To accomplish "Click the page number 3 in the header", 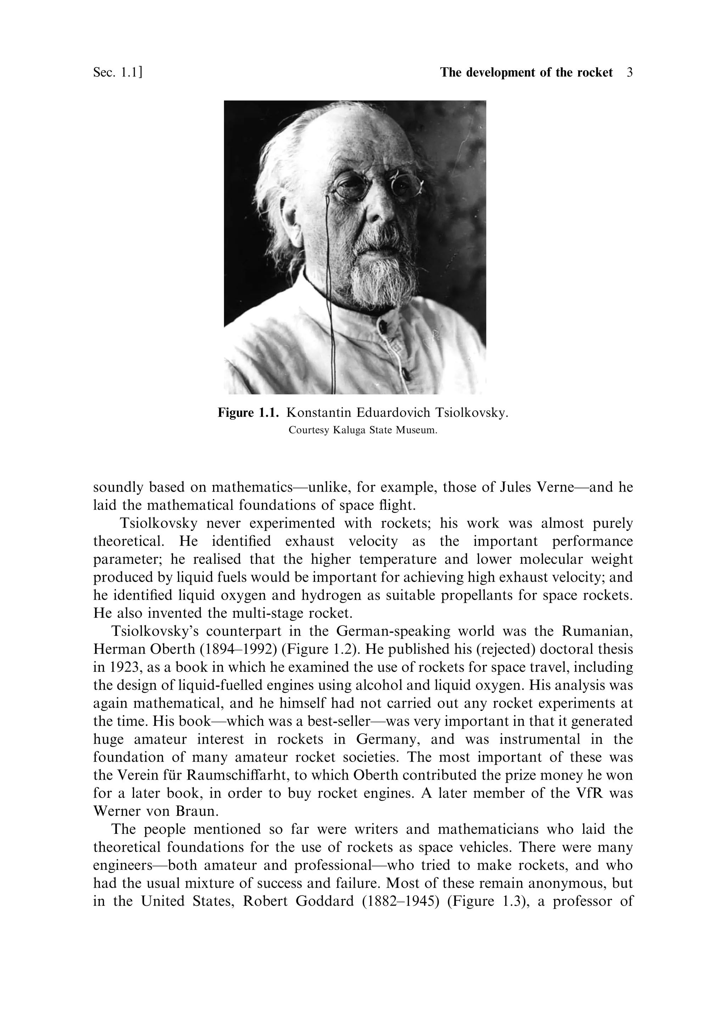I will pyautogui.click(x=629, y=72).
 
